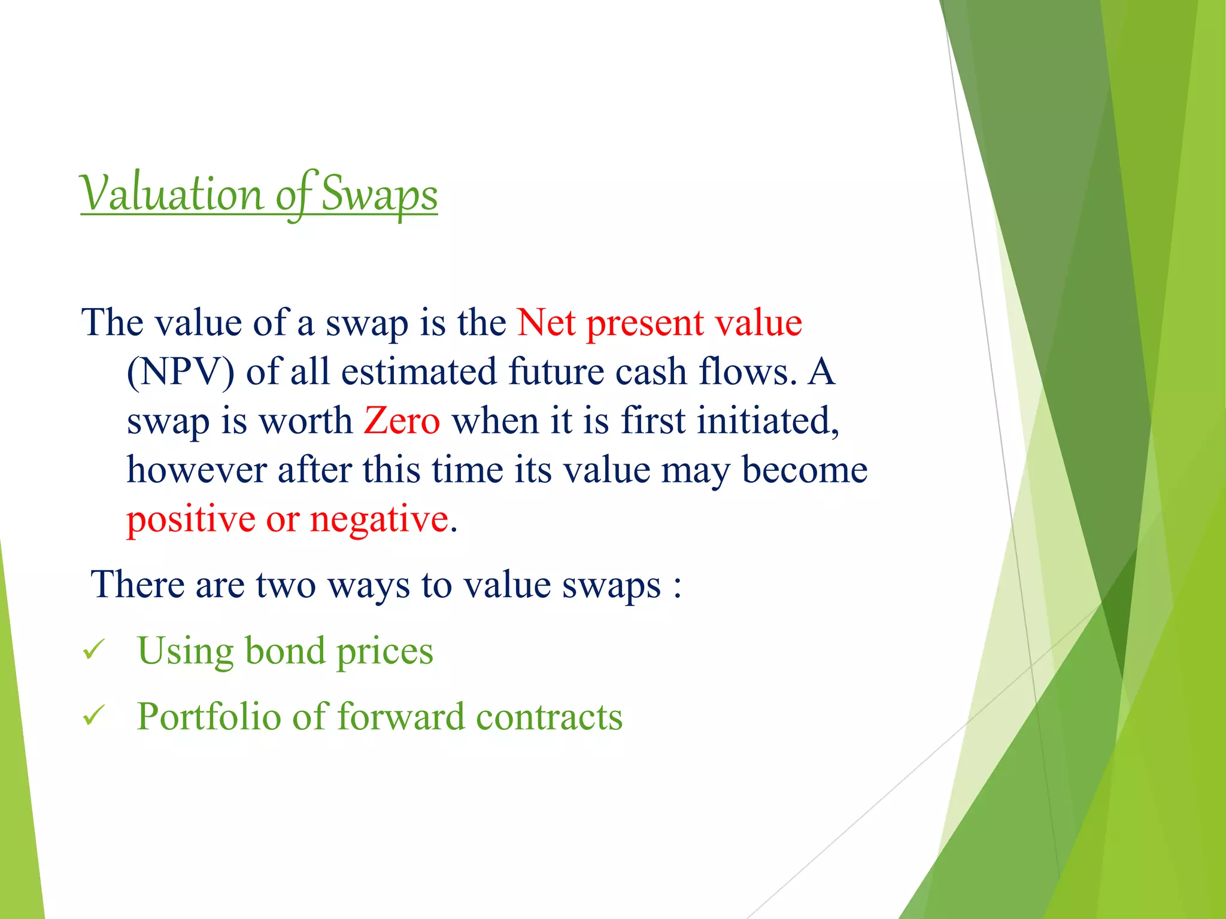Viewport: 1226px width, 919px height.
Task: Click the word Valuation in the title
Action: click(x=172, y=194)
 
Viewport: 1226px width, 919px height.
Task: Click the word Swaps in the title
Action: click(x=380, y=194)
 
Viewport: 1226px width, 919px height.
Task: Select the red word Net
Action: click(x=546, y=323)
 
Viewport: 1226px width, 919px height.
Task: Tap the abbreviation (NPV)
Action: click(x=180, y=372)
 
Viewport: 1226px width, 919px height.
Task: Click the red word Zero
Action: click(x=402, y=421)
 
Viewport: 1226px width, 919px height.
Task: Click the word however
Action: click(x=196, y=470)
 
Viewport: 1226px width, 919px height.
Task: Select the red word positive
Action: click(x=191, y=519)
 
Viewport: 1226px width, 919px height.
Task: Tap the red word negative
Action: click(x=379, y=519)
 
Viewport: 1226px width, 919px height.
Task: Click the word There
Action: click(x=137, y=585)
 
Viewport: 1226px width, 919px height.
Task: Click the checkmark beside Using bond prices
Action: click(x=94, y=650)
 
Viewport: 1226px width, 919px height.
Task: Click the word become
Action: click(x=805, y=470)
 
